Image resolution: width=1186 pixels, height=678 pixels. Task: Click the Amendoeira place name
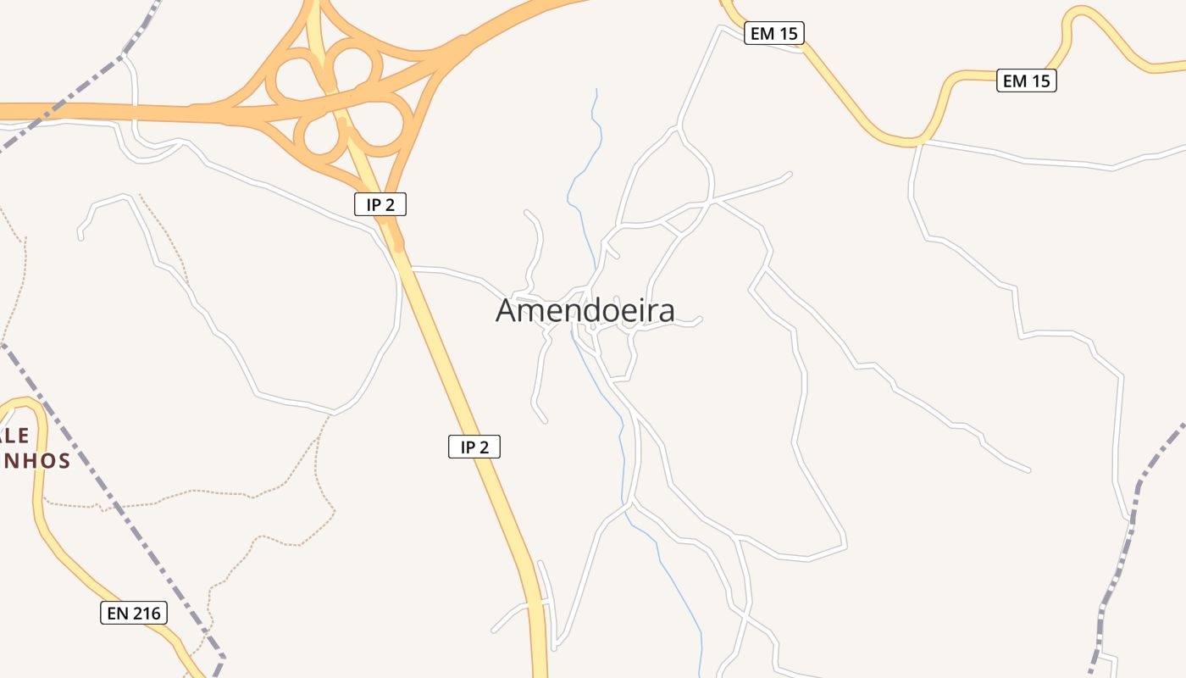coord(585,310)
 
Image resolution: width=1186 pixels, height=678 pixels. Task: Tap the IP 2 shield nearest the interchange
coord(380,204)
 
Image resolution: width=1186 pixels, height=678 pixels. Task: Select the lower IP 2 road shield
coord(474,447)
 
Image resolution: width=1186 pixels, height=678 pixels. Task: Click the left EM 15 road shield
coord(773,34)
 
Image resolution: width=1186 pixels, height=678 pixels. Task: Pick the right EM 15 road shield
coord(1026,81)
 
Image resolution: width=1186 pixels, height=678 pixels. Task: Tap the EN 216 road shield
coord(134,613)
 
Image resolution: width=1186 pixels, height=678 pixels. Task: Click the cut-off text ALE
coord(15,436)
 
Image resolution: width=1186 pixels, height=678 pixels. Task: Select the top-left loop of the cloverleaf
coord(293,76)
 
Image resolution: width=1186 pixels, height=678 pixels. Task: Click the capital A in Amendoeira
coord(507,310)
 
